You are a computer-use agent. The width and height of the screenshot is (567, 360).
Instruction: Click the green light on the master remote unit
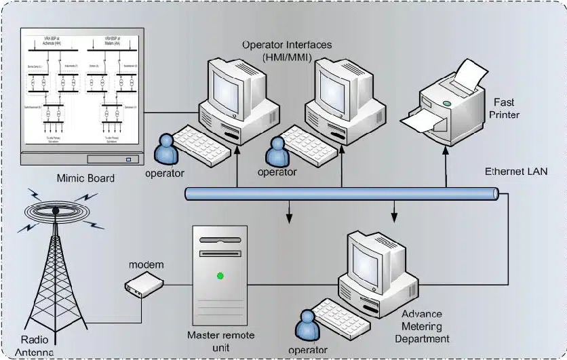tap(220, 275)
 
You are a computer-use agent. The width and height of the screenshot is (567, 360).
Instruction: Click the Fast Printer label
tap(504, 108)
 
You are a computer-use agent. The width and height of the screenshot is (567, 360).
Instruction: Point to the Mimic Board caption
tap(86, 178)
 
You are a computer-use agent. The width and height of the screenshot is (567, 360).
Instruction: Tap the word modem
tap(146, 263)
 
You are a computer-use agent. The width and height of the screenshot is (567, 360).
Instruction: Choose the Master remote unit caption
tap(216, 341)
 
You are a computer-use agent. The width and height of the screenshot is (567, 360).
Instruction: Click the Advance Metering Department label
tap(425, 326)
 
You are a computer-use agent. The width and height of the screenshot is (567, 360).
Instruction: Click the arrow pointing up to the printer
tap(446, 176)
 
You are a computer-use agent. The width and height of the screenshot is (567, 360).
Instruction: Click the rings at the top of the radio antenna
tap(54, 210)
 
